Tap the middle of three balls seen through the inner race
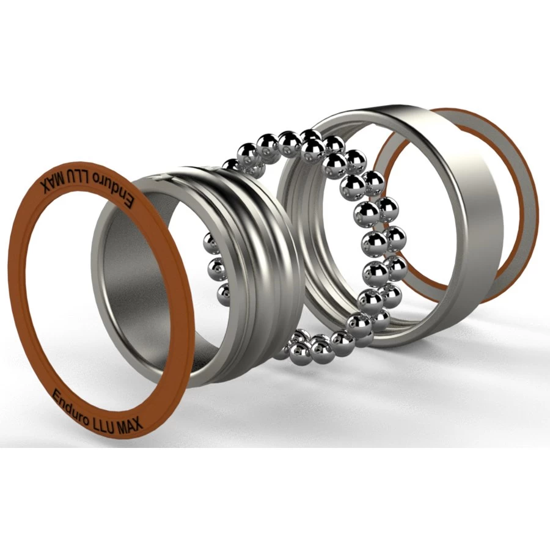215,267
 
